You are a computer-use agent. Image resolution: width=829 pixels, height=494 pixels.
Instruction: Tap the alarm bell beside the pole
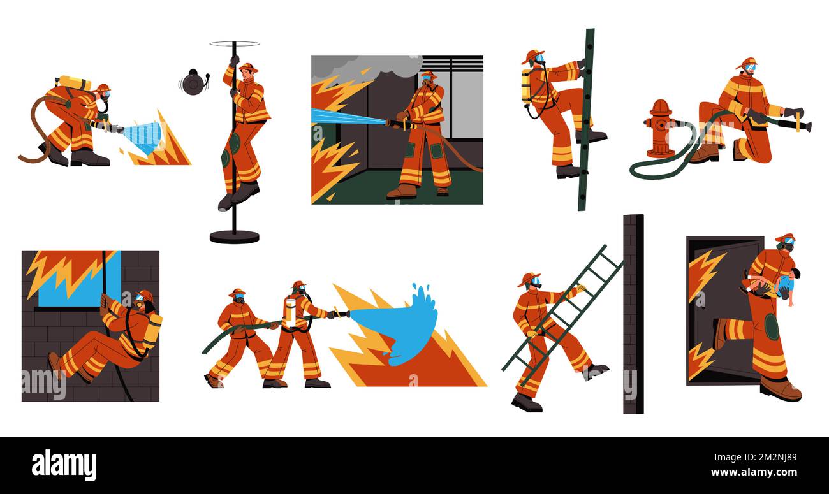click(193, 83)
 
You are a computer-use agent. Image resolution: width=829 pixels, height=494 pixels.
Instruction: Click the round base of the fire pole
click(234, 237)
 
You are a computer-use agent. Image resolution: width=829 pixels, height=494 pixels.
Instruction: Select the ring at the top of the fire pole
click(235, 44)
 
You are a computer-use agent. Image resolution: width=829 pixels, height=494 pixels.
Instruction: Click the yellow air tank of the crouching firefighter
click(74, 83)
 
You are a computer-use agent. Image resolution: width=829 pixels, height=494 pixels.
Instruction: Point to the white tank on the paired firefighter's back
click(290, 312)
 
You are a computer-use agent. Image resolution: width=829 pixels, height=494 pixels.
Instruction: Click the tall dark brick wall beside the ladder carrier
click(633, 312)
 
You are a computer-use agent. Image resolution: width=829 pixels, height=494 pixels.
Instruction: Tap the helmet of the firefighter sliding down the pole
click(247, 66)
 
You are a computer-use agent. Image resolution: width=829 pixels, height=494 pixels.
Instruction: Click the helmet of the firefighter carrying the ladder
click(529, 278)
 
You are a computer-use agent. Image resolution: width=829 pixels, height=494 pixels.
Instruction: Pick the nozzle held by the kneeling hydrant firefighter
click(800, 126)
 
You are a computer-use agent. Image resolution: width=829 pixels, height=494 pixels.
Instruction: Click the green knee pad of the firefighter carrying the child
click(772, 326)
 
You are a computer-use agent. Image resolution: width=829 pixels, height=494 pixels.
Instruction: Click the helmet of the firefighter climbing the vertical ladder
click(534, 55)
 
